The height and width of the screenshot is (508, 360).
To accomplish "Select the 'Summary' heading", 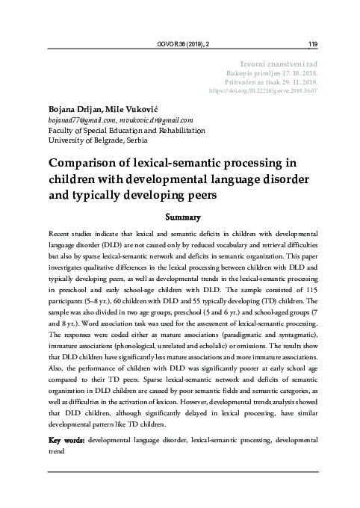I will pyautogui.click(x=181, y=218).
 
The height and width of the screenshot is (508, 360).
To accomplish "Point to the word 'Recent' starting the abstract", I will pyautogui.click(x=60, y=235).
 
